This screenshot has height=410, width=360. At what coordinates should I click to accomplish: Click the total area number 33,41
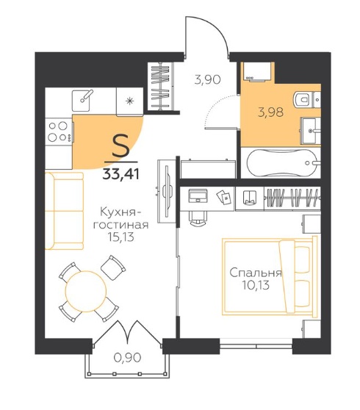click(x=120, y=173)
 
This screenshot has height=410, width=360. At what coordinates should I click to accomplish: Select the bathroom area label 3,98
click(x=270, y=112)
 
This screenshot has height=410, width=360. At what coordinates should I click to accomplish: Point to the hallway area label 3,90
click(x=208, y=79)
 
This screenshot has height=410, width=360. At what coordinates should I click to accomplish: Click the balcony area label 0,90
click(x=128, y=357)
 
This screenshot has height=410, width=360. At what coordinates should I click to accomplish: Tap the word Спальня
click(x=256, y=273)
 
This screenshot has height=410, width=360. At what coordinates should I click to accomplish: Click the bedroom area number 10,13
click(x=256, y=285)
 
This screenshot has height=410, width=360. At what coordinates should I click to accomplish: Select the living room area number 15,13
click(x=120, y=237)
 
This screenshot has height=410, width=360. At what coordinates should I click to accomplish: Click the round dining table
click(x=86, y=292)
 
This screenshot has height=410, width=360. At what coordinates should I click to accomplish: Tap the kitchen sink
click(x=82, y=101)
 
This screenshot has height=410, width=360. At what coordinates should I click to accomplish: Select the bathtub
click(x=282, y=163)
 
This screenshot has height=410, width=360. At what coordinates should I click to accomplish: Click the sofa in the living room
click(x=65, y=211)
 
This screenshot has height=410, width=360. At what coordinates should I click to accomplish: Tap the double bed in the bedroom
click(x=270, y=276)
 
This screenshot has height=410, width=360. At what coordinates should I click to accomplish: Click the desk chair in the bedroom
click(x=198, y=218)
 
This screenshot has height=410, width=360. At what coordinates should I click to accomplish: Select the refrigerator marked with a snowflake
click(x=129, y=101)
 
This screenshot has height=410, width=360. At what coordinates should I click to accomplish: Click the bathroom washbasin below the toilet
click(x=310, y=130)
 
